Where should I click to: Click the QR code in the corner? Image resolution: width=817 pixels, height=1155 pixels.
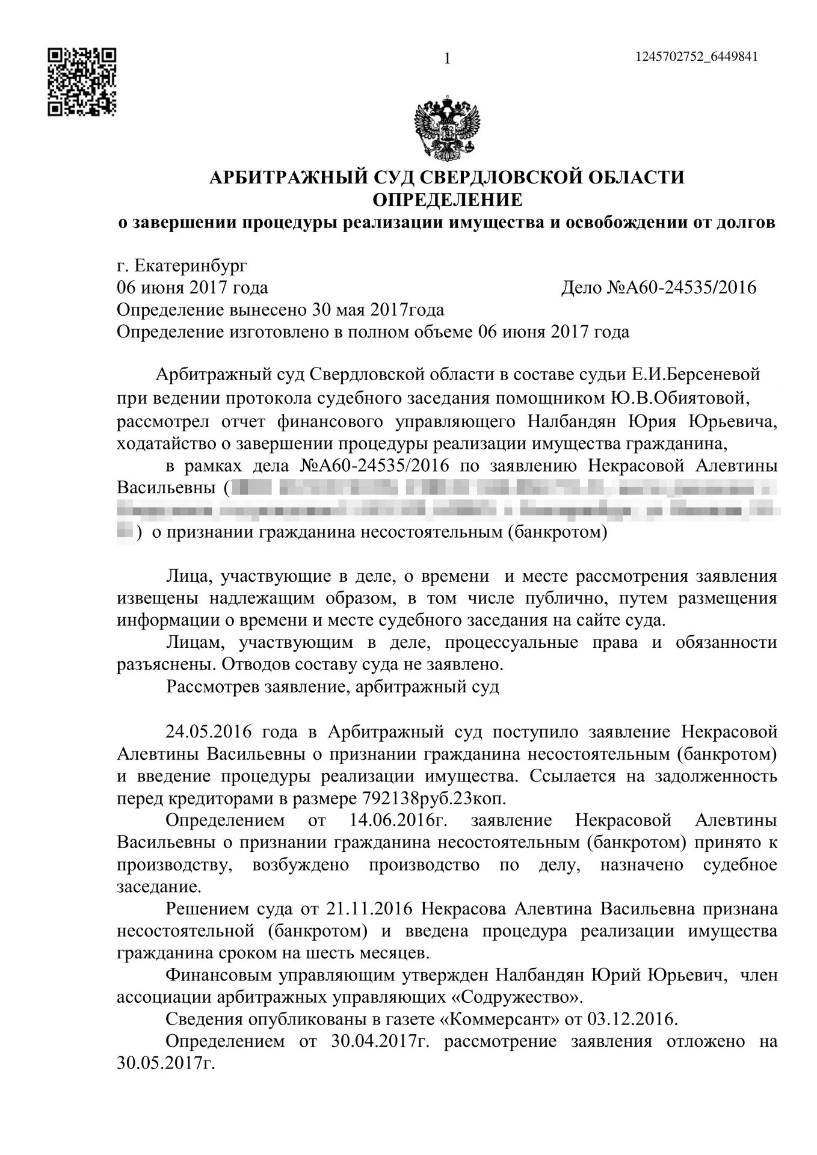coord(82,82)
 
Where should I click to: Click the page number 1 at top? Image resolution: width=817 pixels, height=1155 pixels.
coord(446,58)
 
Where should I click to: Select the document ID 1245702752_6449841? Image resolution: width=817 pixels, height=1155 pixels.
coord(695,57)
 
